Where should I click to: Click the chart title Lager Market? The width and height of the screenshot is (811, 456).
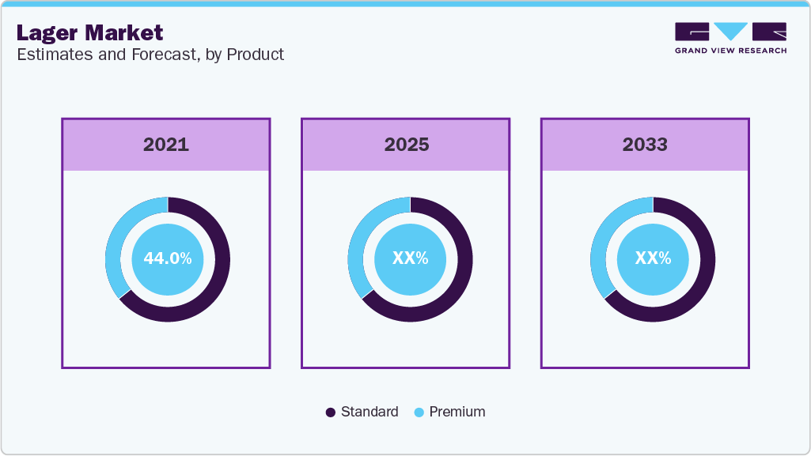pos(89,32)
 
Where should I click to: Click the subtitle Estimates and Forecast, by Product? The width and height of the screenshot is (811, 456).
pos(150,55)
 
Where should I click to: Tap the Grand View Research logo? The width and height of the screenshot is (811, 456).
pos(730,32)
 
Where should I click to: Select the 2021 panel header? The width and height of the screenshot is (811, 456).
pos(166,145)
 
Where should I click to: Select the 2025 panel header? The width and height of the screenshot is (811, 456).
pos(406,145)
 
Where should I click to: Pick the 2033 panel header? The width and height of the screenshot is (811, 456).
pos(645,145)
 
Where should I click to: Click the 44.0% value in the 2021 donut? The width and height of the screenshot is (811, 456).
pos(167,258)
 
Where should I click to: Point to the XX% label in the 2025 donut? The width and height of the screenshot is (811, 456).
pos(410,258)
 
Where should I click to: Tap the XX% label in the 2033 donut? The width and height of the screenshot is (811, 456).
pos(653,258)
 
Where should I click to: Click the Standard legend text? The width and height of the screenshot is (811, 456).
pos(369,412)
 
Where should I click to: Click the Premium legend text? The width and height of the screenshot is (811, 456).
pos(457,412)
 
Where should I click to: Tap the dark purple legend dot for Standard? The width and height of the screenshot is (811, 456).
pos(331,413)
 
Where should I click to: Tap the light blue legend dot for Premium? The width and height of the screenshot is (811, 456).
pos(419,413)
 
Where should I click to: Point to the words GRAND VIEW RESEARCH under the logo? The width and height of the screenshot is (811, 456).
pos(730,51)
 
